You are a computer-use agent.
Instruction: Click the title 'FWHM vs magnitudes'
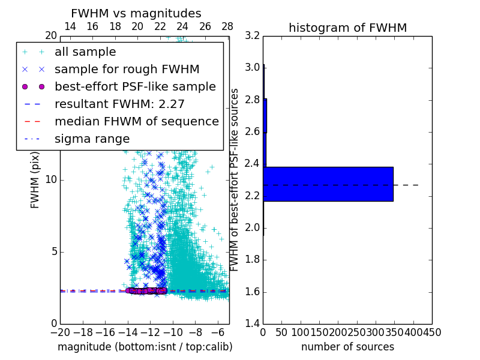click(136, 14)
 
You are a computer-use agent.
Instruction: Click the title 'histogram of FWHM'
click(347, 28)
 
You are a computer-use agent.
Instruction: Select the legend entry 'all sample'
click(85, 52)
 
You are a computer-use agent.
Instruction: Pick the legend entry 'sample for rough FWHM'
click(127, 70)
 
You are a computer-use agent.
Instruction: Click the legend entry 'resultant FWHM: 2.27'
click(119, 104)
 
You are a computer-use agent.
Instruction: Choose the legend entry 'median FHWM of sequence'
click(136, 122)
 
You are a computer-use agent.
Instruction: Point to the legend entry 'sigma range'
click(92, 139)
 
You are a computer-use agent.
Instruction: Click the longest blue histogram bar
click(328, 184)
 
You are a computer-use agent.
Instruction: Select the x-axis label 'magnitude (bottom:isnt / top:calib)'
click(145, 347)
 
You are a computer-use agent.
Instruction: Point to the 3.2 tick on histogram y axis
click(253, 35)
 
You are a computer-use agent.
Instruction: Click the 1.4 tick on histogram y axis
click(253, 324)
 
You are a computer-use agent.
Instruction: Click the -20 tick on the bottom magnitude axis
click(60, 332)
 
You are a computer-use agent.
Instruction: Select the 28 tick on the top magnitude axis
click(227, 26)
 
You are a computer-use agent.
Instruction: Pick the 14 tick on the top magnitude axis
click(70, 26)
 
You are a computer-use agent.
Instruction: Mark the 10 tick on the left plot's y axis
click(51, 180)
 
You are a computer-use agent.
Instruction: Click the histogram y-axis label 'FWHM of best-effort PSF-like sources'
click(235, 179)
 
